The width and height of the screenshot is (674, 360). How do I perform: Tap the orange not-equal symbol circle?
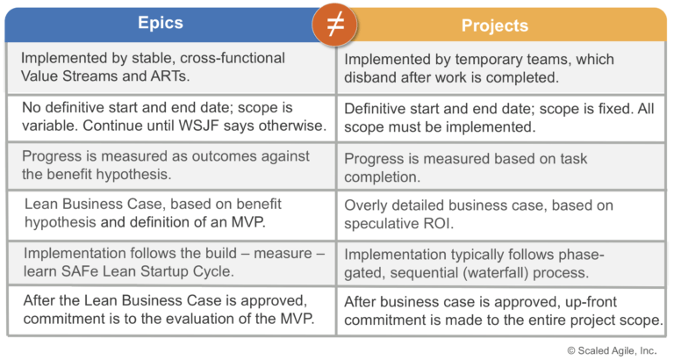point(334,25)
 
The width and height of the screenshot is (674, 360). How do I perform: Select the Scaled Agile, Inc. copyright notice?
point(611,349)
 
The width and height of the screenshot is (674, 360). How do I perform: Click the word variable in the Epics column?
point(47,126)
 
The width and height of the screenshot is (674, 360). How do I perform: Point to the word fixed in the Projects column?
point(602,109)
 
